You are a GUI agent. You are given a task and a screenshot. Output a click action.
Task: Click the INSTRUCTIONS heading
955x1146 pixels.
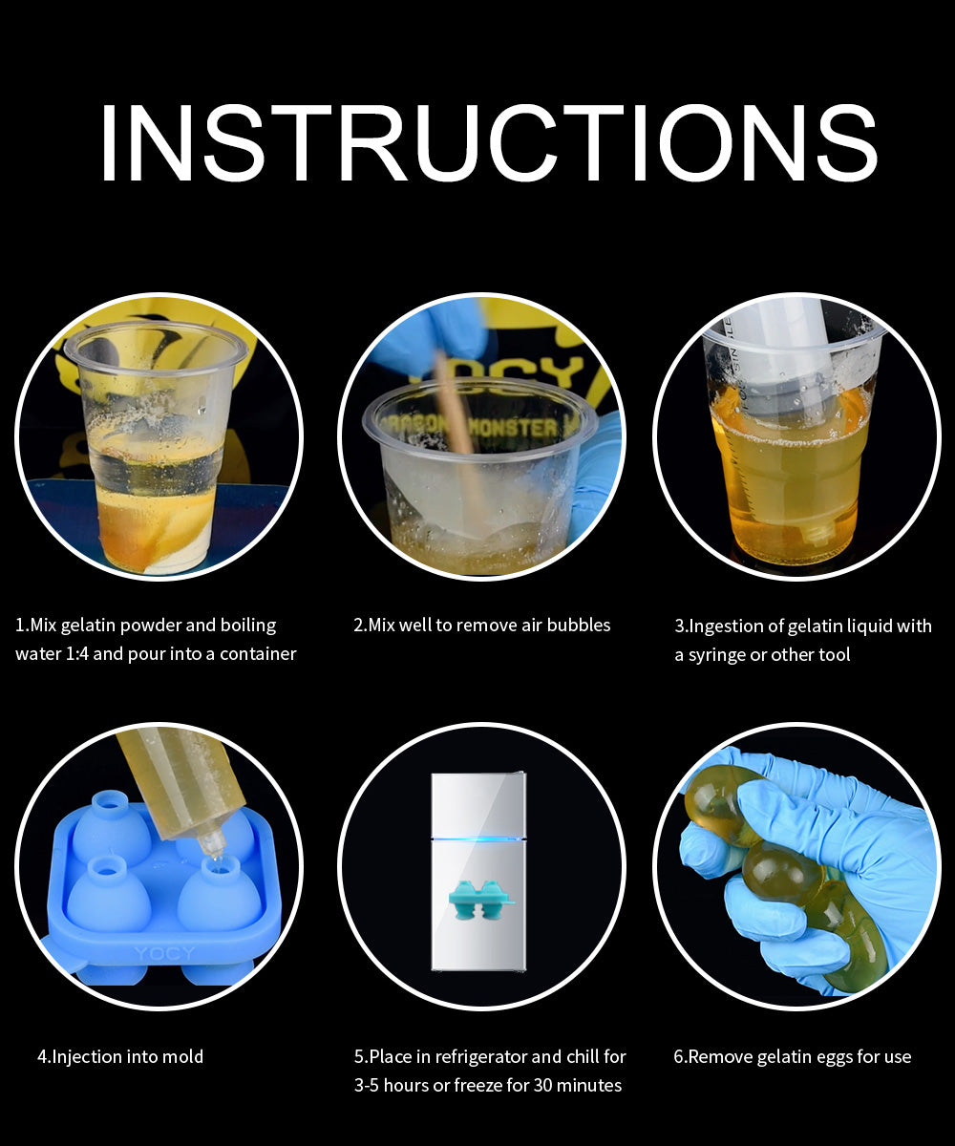[x=488, y=142]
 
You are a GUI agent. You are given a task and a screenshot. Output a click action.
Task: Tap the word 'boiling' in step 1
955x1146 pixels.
[x=248, y=626]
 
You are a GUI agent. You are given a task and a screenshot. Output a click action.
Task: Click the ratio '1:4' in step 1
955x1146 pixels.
[x=76, y=653]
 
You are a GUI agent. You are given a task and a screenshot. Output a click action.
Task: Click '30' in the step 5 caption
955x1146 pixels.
[x=543, y=1086]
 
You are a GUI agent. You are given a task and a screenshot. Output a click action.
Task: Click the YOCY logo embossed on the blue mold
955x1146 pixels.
[x=164, y=954]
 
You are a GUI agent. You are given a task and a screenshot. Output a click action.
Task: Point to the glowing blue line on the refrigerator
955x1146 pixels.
[x=478, y=838]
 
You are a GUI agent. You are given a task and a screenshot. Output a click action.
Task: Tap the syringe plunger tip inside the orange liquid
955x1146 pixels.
[x=816, y=531]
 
